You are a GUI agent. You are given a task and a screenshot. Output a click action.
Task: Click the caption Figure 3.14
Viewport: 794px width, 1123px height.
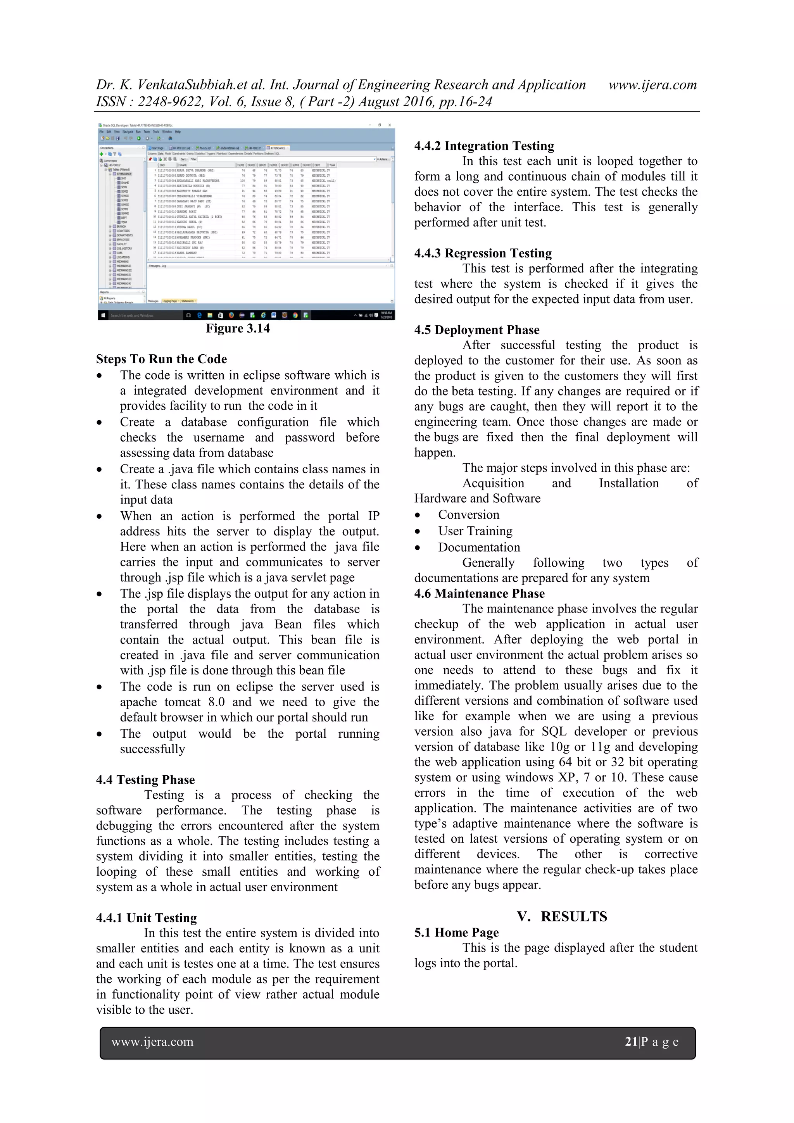[237, 328]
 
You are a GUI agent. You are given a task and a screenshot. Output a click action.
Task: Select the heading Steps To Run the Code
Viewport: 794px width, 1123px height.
[161, 359]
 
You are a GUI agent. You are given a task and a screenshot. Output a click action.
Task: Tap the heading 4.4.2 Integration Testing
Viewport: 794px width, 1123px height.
[484, 146]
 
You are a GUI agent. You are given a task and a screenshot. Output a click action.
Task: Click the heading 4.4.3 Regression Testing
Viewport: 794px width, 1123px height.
[483, 253]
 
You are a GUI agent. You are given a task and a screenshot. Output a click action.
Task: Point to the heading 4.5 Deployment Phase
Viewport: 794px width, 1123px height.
[476, 329]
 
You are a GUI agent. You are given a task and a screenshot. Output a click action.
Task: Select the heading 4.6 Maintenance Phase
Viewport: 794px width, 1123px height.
[480, 593]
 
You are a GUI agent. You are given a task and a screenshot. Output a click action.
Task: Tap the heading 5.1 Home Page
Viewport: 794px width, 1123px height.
[456, 932]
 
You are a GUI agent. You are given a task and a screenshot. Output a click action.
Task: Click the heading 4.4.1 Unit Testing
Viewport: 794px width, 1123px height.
[146, 918]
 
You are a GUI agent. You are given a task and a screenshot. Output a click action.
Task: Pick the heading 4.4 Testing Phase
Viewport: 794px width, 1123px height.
[145, 780]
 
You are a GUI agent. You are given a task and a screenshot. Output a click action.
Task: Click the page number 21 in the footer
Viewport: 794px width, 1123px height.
[631, 1042]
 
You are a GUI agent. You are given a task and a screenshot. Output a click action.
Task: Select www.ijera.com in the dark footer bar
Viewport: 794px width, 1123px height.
[152, 1042]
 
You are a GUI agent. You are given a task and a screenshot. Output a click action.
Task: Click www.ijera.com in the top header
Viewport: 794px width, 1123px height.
[652, 85]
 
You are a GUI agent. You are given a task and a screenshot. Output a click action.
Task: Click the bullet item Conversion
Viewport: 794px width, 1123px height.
[469, 514]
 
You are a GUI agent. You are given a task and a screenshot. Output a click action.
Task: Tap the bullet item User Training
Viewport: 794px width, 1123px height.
[475, 531]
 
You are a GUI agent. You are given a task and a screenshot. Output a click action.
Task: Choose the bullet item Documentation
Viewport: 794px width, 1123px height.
[479, 547]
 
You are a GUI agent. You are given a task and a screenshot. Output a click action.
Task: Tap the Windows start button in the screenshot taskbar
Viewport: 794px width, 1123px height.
[103, 316]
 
